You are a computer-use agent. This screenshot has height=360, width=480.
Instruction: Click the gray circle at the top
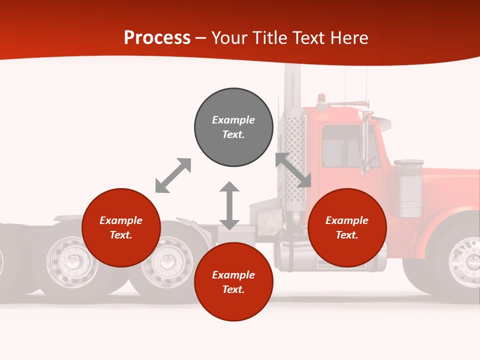coord(233,127)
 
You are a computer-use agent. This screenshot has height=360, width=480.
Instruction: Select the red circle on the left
coord(121,227)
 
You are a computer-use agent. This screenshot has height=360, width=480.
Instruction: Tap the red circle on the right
coord(347,227)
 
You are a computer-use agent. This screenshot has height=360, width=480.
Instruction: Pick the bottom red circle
coord(233,282)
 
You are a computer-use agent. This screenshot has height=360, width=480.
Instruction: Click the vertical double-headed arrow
coord(229,205)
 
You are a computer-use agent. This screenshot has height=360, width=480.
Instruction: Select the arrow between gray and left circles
coord(173,175)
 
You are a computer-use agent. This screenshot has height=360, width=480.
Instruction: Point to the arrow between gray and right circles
coord(293,170)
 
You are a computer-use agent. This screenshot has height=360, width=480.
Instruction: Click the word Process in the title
coord(157,37)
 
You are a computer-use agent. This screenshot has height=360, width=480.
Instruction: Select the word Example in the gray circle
coord(233,120)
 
